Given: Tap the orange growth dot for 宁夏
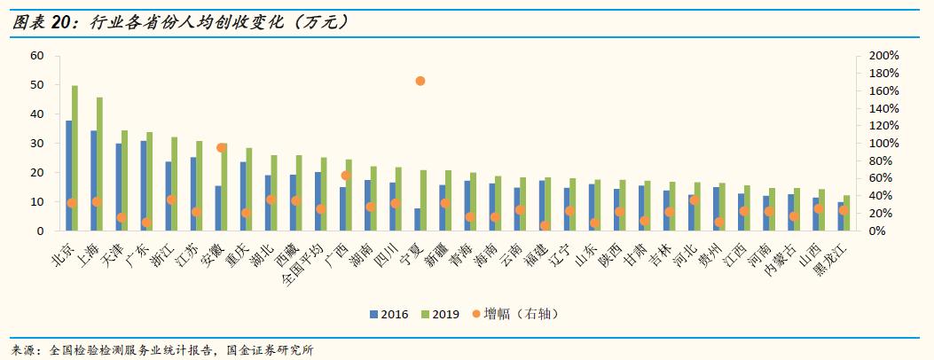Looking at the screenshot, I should pos(420,81).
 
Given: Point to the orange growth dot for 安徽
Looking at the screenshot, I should pos(222,148).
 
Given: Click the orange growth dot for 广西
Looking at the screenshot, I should pos(346,176).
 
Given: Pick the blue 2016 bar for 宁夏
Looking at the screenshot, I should pos(417,220).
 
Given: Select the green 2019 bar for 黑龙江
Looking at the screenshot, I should pos(846,213).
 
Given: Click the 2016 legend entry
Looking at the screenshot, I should pos(389,314).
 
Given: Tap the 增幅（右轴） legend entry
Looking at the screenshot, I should pos(514,314).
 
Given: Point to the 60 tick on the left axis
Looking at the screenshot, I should pos(37,55).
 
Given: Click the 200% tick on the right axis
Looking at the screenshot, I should pos(883,55).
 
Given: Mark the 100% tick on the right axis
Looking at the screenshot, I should pos(883,143).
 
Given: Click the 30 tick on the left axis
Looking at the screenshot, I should pos(37,143).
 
